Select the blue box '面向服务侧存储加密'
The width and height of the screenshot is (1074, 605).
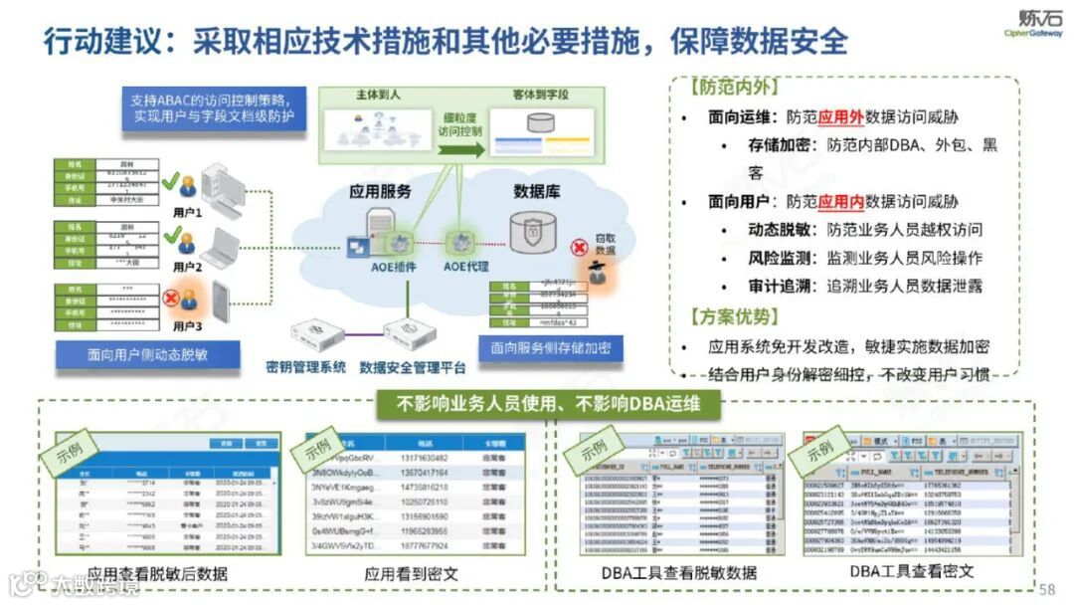pos(550,348)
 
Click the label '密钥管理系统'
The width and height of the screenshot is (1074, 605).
pos(306,367)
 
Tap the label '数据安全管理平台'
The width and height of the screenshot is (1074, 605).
pos(413,367)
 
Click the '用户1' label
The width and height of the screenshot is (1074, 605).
pos(187,213)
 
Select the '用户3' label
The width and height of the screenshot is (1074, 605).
pos(186,324)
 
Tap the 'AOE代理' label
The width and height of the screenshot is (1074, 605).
pos(467,268)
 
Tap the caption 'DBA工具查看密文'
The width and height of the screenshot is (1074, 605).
pos(912,571)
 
